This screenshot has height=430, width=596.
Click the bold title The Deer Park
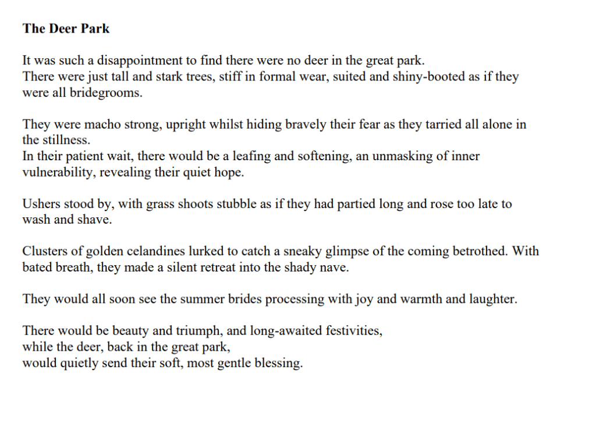66,28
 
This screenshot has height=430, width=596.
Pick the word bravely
285,124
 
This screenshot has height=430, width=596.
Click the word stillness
66,140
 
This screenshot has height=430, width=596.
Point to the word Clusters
45,251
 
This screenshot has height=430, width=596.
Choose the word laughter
487,299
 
